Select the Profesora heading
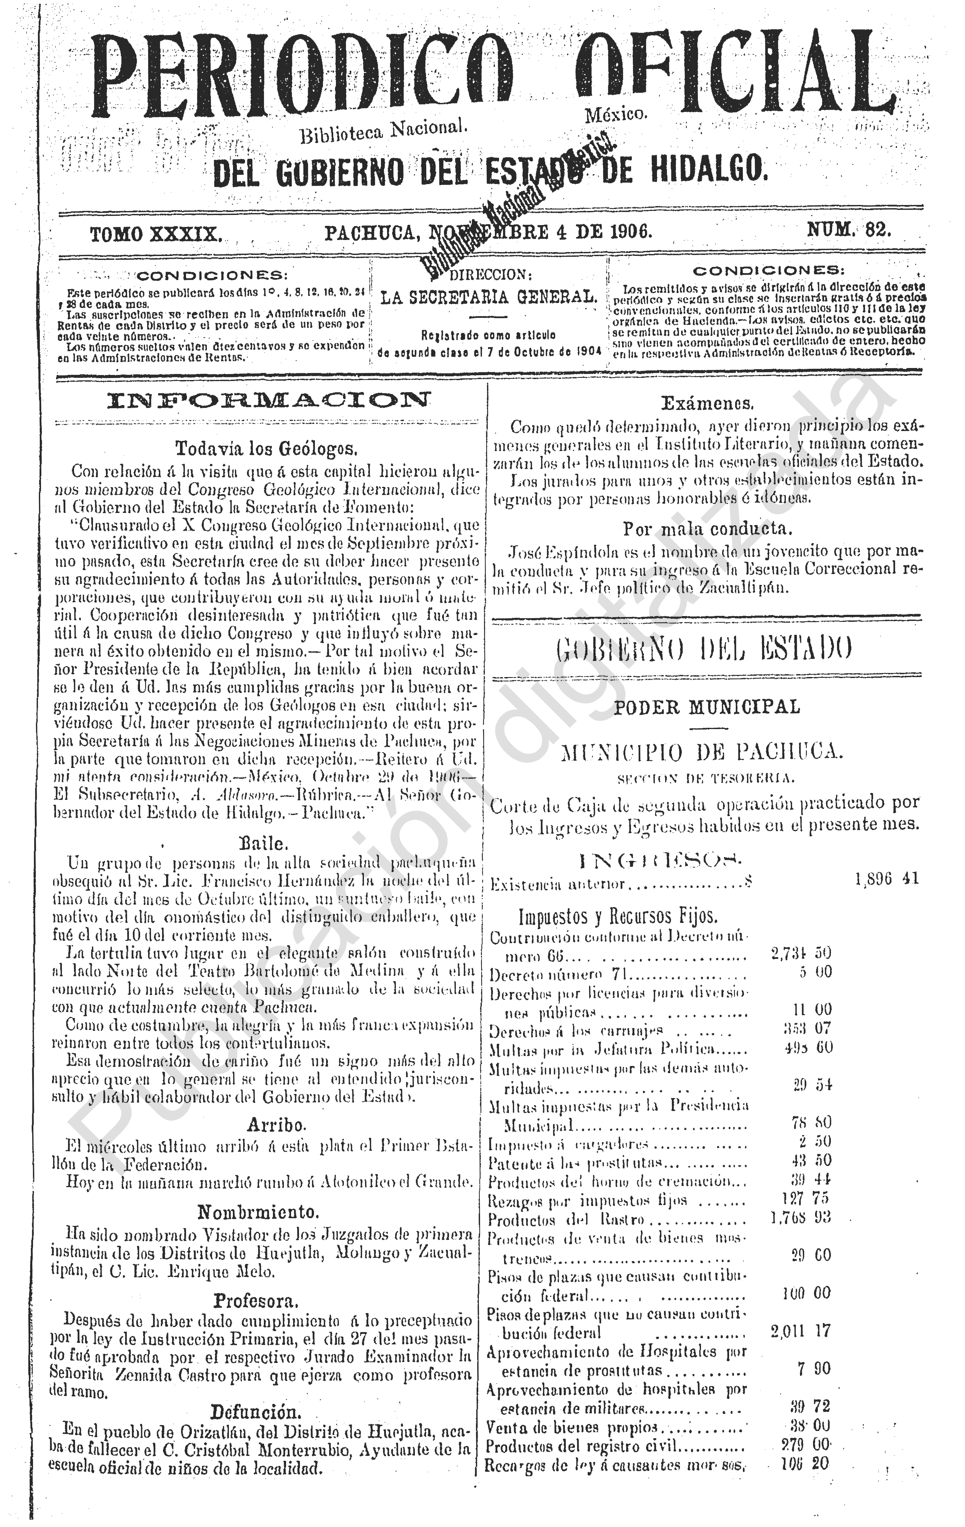click(255, 1301)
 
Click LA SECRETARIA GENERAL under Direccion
click(489, 297)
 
